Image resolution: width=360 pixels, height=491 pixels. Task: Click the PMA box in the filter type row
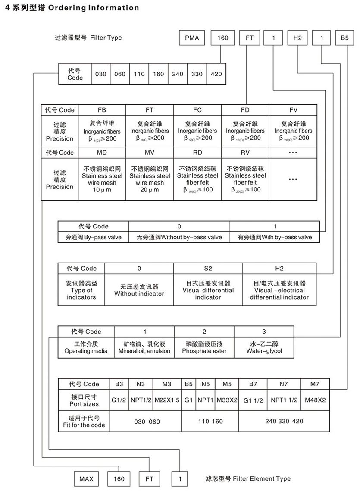coord(192,38)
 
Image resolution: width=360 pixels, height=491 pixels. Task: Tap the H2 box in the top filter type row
coord(297,38)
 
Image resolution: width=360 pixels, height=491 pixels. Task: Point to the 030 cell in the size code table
coord(100,74)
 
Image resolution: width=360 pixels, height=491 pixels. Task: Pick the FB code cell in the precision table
coord(102,110)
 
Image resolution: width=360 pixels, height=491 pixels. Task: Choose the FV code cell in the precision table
coord(293,110)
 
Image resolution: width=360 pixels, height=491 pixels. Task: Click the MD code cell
coord(102,153)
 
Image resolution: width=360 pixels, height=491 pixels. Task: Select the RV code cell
coord(245,153)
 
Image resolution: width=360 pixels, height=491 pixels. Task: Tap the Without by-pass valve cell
coord(179,237)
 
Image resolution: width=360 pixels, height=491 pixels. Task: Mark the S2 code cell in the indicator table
coord(208,268)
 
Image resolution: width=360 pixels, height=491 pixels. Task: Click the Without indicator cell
coord(139,290)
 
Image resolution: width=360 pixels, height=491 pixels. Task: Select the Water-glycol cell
coord(264,347)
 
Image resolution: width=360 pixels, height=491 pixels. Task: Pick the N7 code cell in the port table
coord(284,384)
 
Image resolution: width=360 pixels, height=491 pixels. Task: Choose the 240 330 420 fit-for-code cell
coord(284,421)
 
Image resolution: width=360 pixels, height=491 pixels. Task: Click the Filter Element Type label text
coord(248,479)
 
